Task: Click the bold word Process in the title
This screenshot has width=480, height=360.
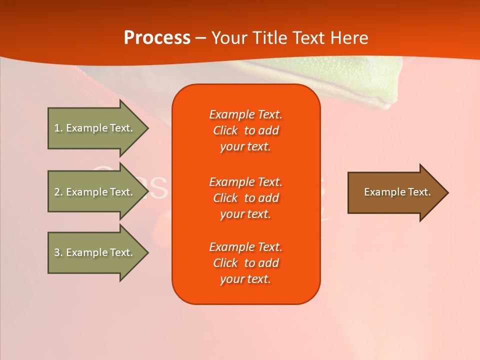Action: pyautogui.click(x=157, y=38)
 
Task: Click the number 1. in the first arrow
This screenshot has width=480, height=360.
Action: pyautogui.click(x=58, y=128)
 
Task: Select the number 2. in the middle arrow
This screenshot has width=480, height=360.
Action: pyautogui.click(x=58, y=192)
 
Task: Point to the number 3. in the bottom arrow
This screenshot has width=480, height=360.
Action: pyautogui.click(x=58, y=252)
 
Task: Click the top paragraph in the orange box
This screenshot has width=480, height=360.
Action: pyautogui.click(x=245, y=130)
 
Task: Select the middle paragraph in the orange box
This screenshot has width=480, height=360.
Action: pyautogui.click(x=245, y=197)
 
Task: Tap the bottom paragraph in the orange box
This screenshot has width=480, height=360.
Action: pyautogui.click(x=245, y=263)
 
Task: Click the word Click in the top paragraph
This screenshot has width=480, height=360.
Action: pyautogui.click(x=225, y=130)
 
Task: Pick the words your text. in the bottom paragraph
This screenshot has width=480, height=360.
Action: pyautogui.click(x=245, y=279)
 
